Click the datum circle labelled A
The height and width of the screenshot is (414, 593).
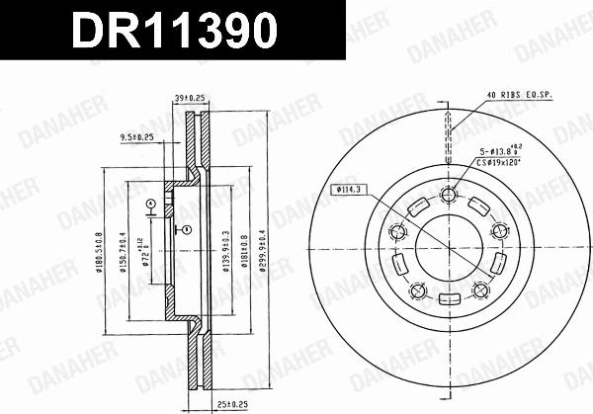click(x=149, y=204)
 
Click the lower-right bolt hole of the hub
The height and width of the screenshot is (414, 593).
click(x=482, y=289)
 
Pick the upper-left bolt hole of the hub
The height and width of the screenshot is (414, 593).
click(x=400, y=233)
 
